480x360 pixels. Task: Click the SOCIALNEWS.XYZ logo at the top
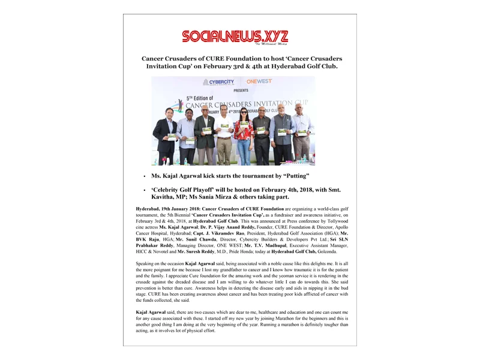[x=235, y=37]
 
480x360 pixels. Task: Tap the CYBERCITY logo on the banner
[x=218, y=82]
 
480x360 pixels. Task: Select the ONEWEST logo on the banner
[x=259, y=81]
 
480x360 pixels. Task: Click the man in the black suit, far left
[x=164, y=135]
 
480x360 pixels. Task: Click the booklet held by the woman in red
[x=244, y=125]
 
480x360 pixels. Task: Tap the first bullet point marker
[x=144, y=177]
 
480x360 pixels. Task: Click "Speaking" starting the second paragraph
[x=146, y=263]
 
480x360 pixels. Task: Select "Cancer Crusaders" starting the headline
[x=169, y=59]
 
